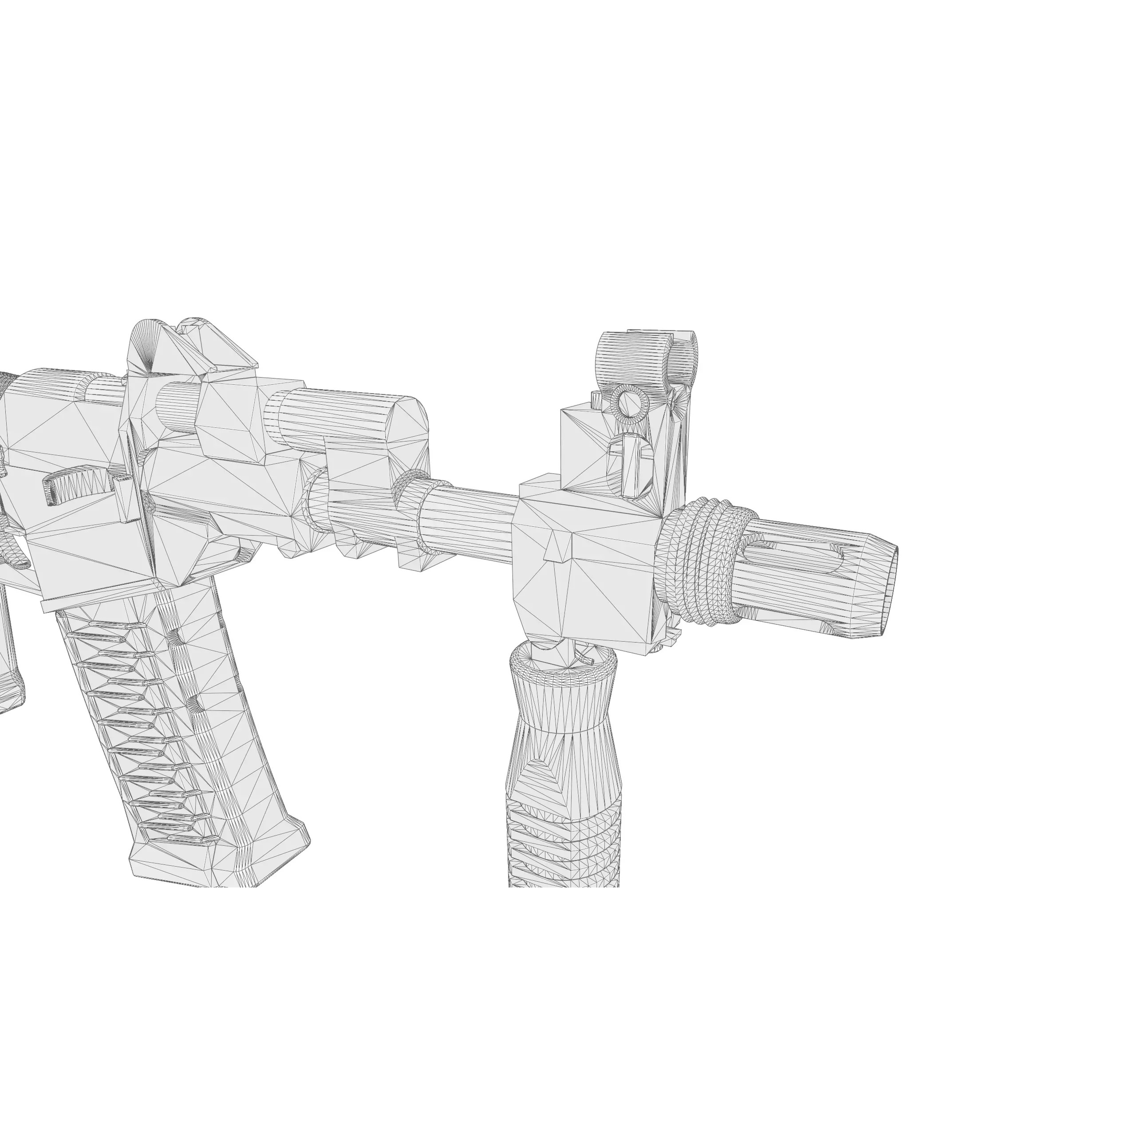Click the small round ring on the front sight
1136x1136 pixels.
[x=629, y=403]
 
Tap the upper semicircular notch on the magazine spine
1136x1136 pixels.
[x=175, y=637]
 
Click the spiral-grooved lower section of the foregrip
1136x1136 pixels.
[x=563, y=847]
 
